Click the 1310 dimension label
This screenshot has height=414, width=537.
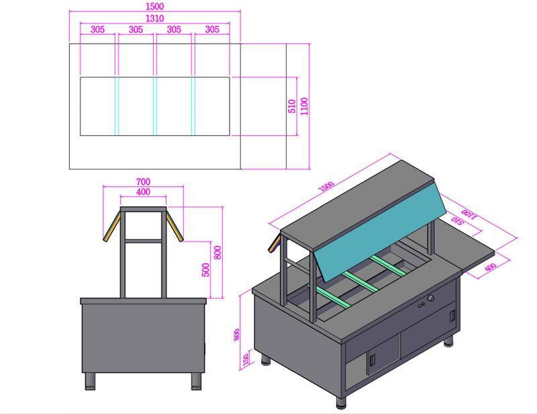pyautogui.click(x=155, y=18)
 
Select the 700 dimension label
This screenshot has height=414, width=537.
pyautogui.click(x=143, y=181)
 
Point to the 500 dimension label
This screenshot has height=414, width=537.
pyautogui.click(x=205, y=270)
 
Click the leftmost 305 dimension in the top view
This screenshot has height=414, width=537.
pyautogui.click(x=97, y=30)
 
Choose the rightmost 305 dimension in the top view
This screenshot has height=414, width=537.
pyautogui.click(x=212, y=30)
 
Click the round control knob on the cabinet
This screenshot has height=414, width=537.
pyautogui.click(x=431, y=298)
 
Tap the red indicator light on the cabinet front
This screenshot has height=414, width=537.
pyautogui.click(x=423, y=304)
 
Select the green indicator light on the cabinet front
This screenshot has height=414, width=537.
pyautogui.click(x=420, y=306)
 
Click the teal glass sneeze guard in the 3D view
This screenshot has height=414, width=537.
pyautogui.click(x=380, y=233)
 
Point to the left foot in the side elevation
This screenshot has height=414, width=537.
pyautogui.click(x=91, y=382)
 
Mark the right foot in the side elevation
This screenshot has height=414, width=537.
pyautogui.click(x=197, y=382)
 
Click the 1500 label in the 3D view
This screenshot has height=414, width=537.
pyautogui.click(x=326, y=187)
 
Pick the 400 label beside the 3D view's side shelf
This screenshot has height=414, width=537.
pyautogui.click(x=491, y=267)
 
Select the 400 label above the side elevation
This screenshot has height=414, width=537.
pyautogui.click(x=143, y=192)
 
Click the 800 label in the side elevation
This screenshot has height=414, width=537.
pyautogui.click(x=217, y=253)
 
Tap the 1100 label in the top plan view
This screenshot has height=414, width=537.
pyautogui.click(x=304, y=106)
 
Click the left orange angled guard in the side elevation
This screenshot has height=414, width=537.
pyautogui.click(x=111, y=226)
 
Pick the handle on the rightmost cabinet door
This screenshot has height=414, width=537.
pyautogui.click(x=452, y=316)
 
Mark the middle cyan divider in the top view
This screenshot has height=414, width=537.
pyautogui.click(x=155, y=106)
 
